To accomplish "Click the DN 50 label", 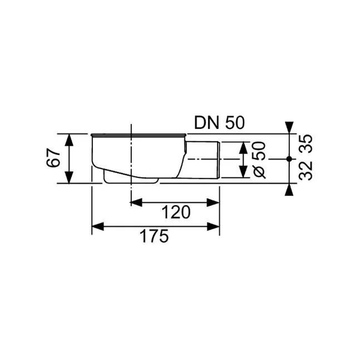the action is tap(219, 123).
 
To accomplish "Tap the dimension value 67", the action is tap(53, 158).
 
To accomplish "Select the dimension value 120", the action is tap(176, 212).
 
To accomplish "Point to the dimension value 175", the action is tap(154, 236).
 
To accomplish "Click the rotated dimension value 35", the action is tap(305, 143).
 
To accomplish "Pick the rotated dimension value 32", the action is tap(305, 171).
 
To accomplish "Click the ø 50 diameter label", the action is tap(259, 160).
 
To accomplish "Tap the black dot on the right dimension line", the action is tap(289, 159).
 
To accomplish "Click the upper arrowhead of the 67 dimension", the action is tap(69, 140).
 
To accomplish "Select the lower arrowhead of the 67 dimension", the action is tap(69, 177).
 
